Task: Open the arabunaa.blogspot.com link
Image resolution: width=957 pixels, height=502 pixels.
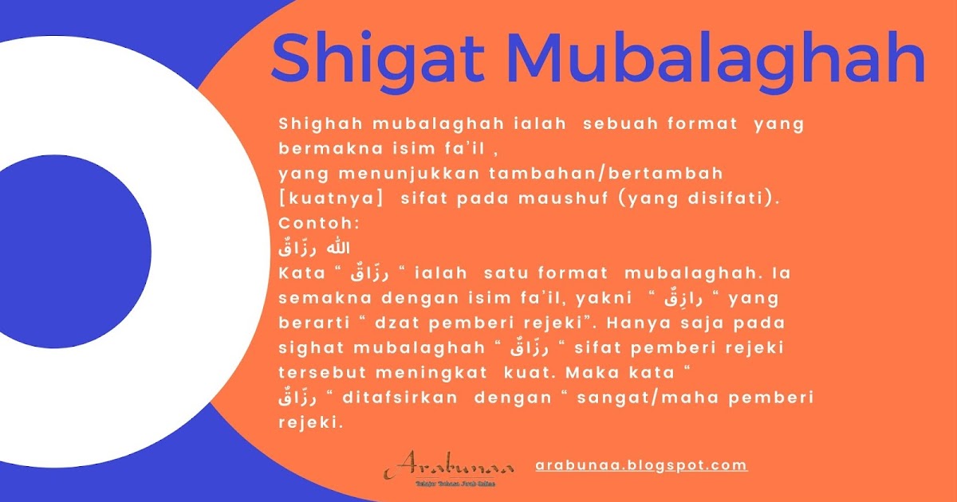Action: coord(642,465)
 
